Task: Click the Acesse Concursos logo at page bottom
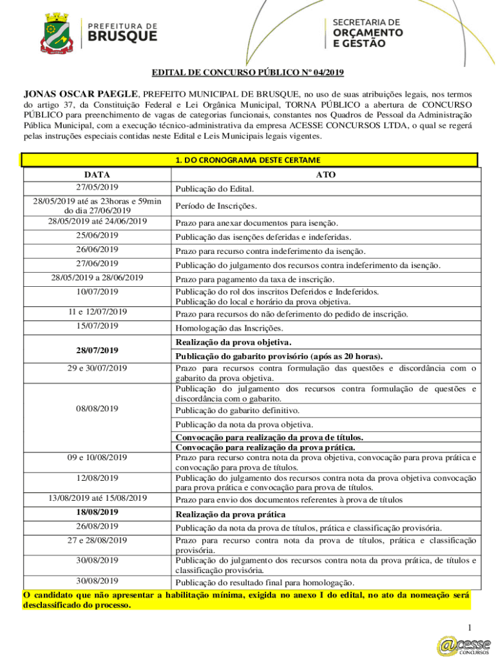click(x=463, y=645)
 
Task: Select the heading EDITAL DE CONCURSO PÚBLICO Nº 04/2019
click(x=247, y=73)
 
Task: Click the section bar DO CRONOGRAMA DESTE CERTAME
click(x=249, y=160)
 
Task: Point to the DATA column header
click(x=97, y=175)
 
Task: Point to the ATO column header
click(x=326, y=175)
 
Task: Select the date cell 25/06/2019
click(x=97, y=236)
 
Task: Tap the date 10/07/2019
click(x=97, y=292)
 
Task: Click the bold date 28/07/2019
click(x=97, y=350)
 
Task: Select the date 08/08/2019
click(x=97, y=409)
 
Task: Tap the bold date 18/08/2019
click(x=97, y=512)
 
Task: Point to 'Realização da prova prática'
click(x=231, y=514)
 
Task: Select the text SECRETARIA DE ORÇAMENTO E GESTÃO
click(x=368, y=33)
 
